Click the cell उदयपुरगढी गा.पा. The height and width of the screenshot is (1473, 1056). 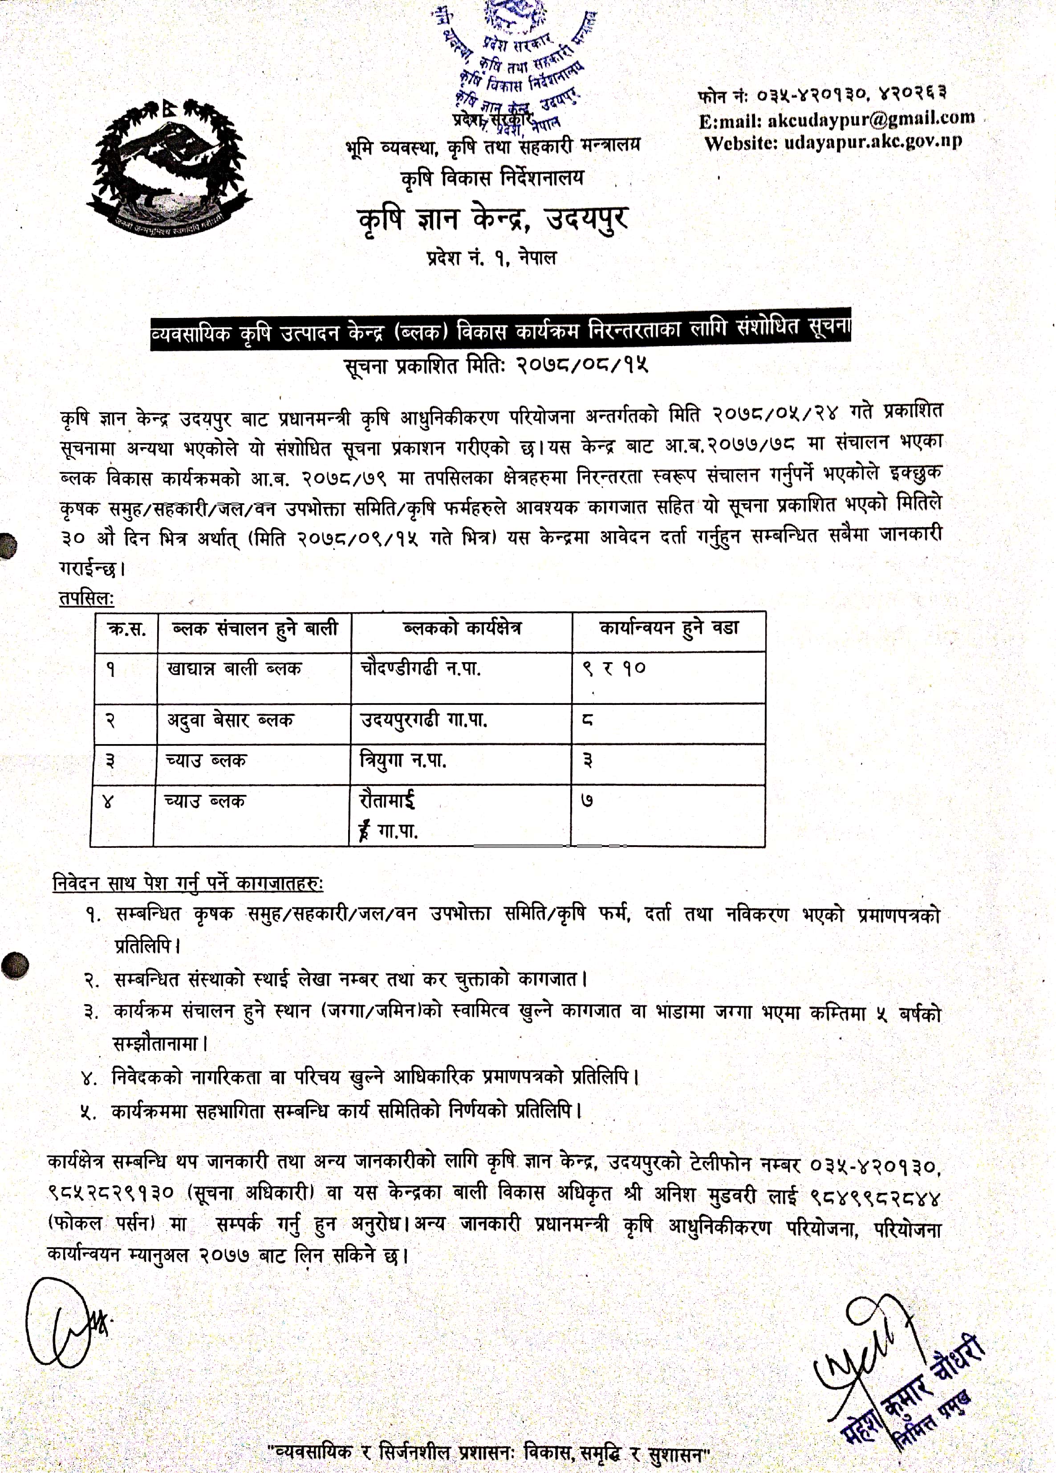[423, 720]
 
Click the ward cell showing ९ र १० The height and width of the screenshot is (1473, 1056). [614, 669]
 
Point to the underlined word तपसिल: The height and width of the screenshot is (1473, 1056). [86, 598]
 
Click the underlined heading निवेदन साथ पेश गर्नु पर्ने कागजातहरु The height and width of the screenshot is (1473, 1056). [188, 883]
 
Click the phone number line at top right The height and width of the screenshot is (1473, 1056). [822, 95]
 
